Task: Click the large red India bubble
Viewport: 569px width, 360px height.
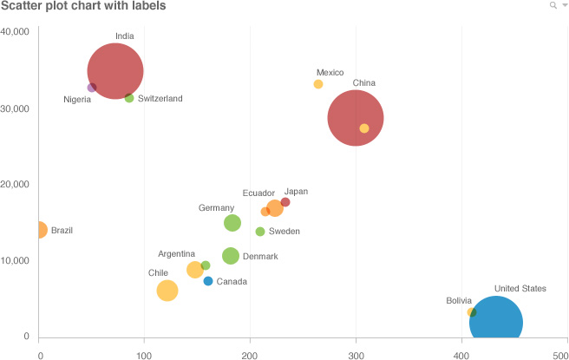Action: pos(115,71)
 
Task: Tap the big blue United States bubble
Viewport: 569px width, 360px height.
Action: pos(496,323)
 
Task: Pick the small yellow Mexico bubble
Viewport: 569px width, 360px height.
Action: pos(318,84)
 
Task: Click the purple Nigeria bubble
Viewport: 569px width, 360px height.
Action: pos(92,88)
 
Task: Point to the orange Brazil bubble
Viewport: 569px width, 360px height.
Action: pos(38,230)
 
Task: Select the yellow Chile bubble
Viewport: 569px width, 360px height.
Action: pos(167,291)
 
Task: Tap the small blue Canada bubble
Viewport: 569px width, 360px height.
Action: pos(208,281)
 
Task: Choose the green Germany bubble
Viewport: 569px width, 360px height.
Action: pos(232,223)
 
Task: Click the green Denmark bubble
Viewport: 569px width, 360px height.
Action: pos(231,256)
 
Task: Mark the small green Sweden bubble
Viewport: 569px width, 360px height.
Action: pos(260,232)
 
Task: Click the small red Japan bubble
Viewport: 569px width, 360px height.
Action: pos(285,202)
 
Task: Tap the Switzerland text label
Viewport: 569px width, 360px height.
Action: pos(160,99)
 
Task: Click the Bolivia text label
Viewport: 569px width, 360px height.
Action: pos(459,301)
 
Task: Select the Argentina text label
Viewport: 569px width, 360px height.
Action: pos(176,254)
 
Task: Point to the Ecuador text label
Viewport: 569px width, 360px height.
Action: pos(258,193)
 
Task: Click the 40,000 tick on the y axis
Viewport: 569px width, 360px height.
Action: pos(16,32)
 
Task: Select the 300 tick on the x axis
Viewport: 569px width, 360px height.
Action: pos(356,353)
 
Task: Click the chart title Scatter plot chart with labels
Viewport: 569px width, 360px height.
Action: pos(83,7)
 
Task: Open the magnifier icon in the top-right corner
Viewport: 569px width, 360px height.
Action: pos(553,5)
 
